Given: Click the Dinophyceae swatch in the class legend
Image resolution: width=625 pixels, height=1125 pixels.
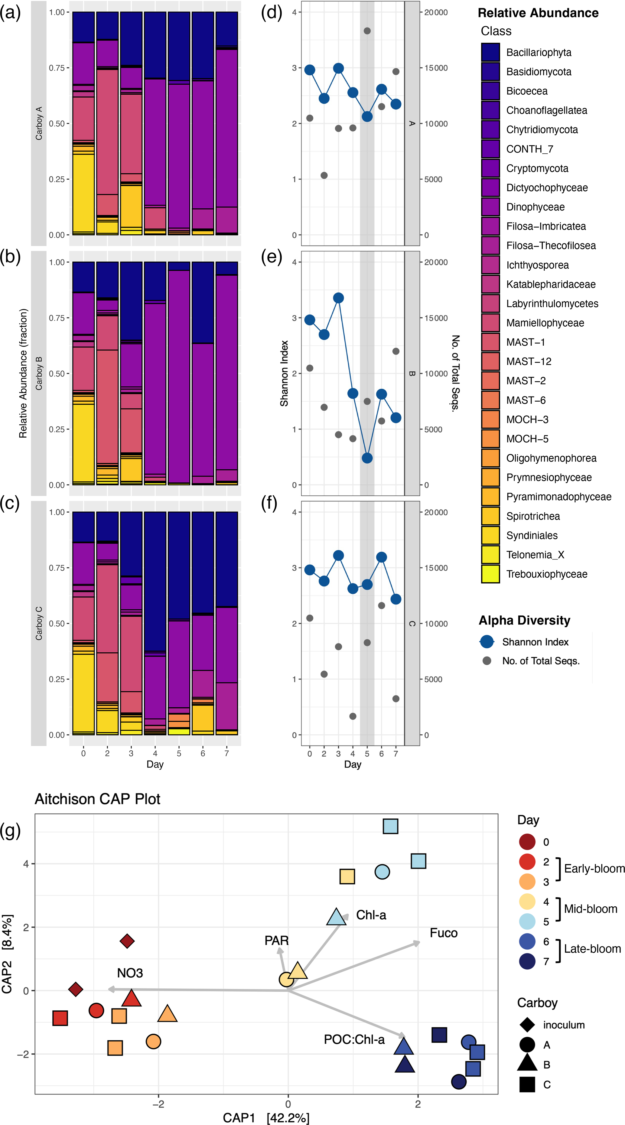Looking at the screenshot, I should tap(490, 207).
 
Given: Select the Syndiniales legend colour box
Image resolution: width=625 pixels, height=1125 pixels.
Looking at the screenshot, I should tap(490, 535).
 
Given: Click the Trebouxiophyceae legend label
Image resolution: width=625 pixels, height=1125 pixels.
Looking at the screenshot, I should tap(546, 574).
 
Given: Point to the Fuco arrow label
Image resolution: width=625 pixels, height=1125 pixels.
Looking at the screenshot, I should tap(443, 933).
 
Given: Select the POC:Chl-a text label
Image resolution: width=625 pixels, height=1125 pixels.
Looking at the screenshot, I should tap(354, 1040).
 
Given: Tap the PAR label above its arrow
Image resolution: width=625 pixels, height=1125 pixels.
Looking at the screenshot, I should tap(276, 941).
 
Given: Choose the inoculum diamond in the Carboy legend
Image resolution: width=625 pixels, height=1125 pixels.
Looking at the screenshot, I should tap(527, 1025).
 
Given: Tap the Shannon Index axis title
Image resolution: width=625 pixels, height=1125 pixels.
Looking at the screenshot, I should tap(284, 373).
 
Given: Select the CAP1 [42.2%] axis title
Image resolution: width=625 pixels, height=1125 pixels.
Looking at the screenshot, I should tap(265, 1117).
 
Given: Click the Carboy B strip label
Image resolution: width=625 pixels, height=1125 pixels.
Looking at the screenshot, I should tap(39, 373).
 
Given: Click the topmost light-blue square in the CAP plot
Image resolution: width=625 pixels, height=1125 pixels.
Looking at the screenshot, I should tap(390, 826).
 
